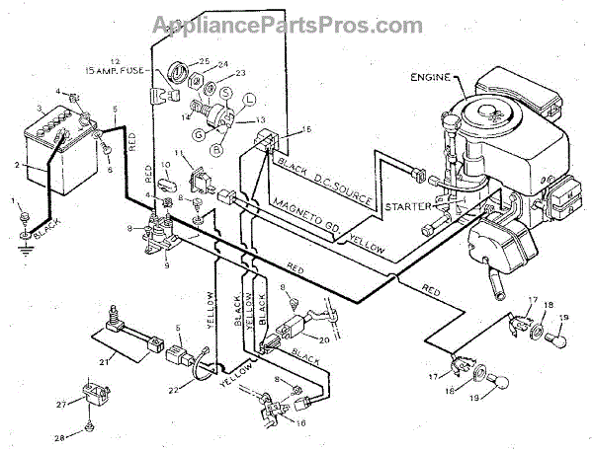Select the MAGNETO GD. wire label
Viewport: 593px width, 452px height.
tap(307, 218)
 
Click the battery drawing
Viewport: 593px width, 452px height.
tap(49, 148)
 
